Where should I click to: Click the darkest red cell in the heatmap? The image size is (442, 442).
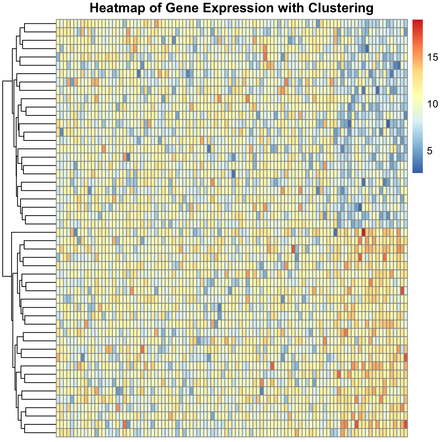pos(363,232)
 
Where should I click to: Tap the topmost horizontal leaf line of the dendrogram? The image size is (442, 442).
pos(40,23)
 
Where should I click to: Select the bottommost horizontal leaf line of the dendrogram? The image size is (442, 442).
pos(40,432)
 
